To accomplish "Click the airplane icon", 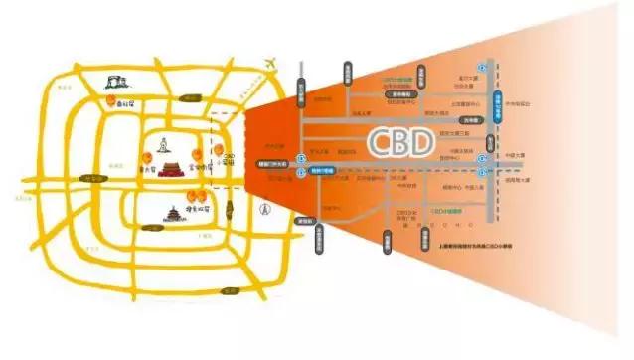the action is click(x=265, y=66).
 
